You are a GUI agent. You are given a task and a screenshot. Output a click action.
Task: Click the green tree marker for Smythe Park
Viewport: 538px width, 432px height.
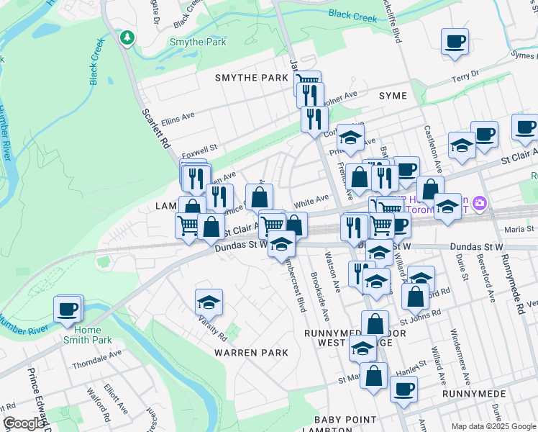point(127,37)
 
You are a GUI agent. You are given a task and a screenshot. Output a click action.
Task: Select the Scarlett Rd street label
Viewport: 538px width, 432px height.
point(155,128)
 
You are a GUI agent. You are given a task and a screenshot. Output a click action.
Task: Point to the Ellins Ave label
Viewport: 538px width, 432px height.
point(178,115)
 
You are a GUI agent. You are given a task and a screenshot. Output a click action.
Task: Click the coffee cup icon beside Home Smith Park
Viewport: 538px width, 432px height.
point(68,309)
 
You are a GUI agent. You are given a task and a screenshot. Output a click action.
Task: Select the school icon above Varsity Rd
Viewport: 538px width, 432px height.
point(209,301)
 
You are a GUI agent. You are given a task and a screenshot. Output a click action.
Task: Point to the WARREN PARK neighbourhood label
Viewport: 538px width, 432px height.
point(251,353)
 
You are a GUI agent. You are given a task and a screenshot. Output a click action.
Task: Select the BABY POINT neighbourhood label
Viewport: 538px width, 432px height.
point(345,420)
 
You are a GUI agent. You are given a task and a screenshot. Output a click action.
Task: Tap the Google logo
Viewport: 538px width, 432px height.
point(24,423)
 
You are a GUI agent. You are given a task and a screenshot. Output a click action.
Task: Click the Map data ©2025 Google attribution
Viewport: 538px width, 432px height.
point(493,426)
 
